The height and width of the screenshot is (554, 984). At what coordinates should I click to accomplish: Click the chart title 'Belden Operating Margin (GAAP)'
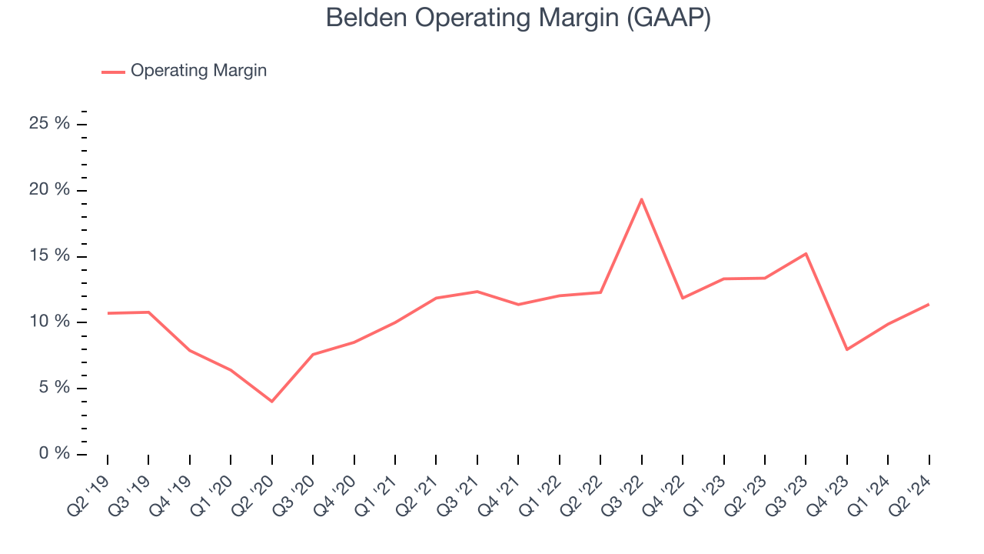(517, 18)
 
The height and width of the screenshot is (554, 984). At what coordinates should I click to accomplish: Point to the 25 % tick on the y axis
(50, 124)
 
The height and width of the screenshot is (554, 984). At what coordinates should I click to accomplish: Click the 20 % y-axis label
(50, 190)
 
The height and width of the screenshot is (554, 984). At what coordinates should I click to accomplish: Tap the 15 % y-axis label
(50, 256)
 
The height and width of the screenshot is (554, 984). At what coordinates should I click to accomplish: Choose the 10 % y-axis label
(50, 322)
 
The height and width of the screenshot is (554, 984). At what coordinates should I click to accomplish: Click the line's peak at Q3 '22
(641, 199)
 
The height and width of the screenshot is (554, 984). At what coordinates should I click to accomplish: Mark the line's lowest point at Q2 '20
(271, 401)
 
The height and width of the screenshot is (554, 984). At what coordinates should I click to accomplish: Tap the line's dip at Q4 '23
(846, 349)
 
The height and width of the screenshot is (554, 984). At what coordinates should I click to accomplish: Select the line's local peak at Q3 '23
(806, 253)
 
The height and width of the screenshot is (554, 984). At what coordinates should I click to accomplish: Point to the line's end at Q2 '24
(929, 304)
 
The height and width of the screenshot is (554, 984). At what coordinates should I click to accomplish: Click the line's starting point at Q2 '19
(108, 313)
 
